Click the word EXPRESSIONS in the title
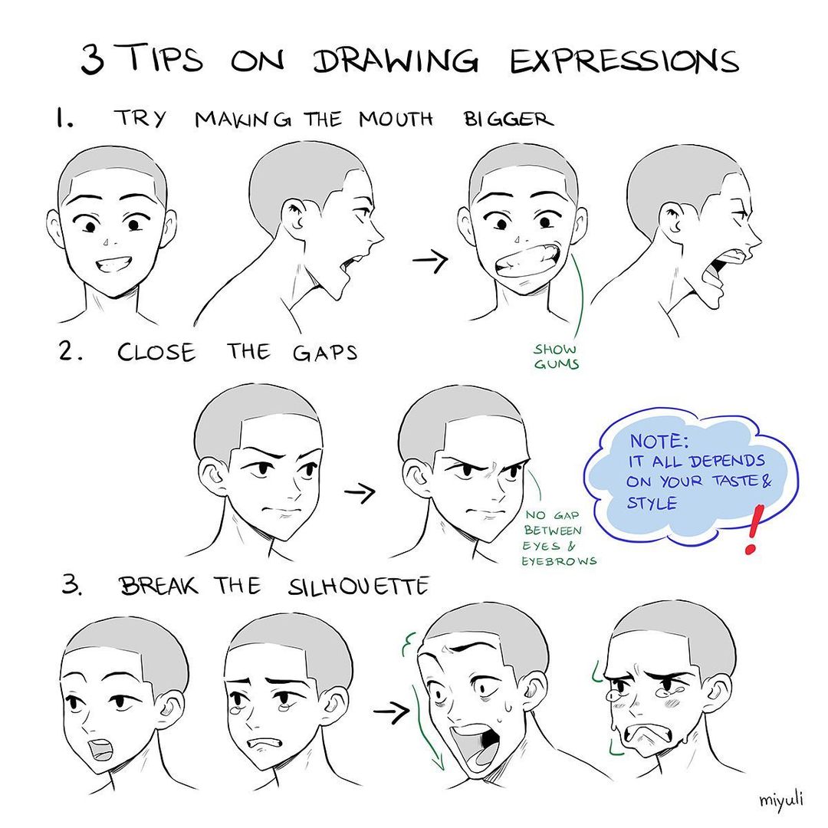[624, 61]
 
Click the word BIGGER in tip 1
[508, 120]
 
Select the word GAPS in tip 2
[324, 353]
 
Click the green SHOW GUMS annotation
[556, 356]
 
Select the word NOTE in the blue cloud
[659, 442]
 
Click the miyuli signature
[781, 800]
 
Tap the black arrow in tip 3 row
[390, 712]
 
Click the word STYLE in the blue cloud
[652, 504]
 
